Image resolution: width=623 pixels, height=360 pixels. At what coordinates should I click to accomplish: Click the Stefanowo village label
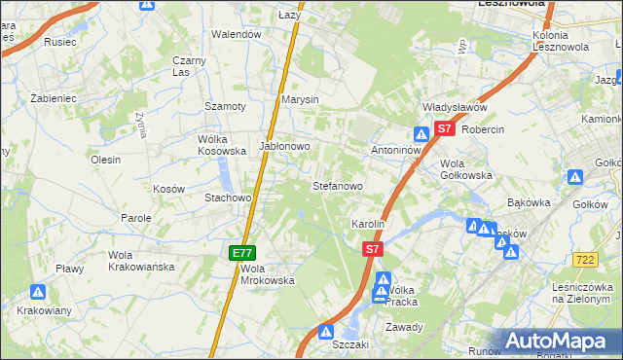[x=337, y=185]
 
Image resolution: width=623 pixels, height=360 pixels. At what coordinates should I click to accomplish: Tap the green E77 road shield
[x=243, y=253]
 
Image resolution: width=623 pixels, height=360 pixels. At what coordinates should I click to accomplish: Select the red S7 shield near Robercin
[x=444, y=127]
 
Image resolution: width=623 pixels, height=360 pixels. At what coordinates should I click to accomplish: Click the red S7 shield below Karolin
[x=372, y=250]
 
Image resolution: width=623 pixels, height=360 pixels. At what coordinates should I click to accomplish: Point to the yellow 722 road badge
[x=585, y=259]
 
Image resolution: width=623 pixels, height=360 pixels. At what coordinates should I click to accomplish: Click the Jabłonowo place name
[x=284, y=147]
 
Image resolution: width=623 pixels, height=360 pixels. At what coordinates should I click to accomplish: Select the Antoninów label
[x=396, y=151]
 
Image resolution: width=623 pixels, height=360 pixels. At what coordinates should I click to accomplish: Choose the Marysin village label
[x=300, y=100]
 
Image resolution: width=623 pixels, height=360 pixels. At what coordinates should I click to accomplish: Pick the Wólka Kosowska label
[x=222, y=145]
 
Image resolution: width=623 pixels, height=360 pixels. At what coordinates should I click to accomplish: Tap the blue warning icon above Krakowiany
[x=38, y=291]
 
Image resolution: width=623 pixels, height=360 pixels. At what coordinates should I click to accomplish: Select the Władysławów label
[x=454, y=108]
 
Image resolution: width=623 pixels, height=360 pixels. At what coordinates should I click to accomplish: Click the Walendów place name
[x=238, y=34]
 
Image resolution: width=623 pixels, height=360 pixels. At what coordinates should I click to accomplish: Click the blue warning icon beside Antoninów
[x=421, y=134]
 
